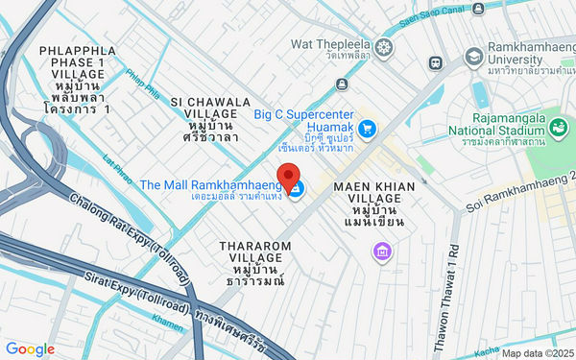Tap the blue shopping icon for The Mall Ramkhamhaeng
(x=296, y=189)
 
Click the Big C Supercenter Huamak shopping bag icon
(x=365, y=127)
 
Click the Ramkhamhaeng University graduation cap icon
(x=473, y=59)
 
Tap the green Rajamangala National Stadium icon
(x=556, y=126)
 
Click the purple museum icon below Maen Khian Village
(x=382, y=252)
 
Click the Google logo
(x=30, y=349)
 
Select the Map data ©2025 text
(x=536, y=352)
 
